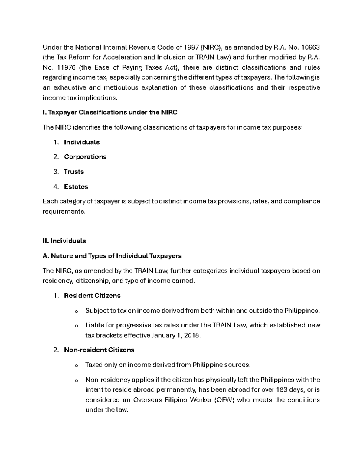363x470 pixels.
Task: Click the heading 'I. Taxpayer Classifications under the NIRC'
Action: [x=110, y=113]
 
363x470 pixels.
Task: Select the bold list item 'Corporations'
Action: [x=85, y=157]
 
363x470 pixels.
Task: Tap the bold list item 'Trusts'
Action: [x=74, y=172]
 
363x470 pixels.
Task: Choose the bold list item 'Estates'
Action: [x=76, y=186]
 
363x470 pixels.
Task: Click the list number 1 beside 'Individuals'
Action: [x=55, y=142]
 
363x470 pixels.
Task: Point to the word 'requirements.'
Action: [x=64, y=212]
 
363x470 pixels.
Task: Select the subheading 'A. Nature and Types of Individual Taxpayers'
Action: [x=112, y=256]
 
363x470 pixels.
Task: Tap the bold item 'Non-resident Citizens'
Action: [x=99, y=350]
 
